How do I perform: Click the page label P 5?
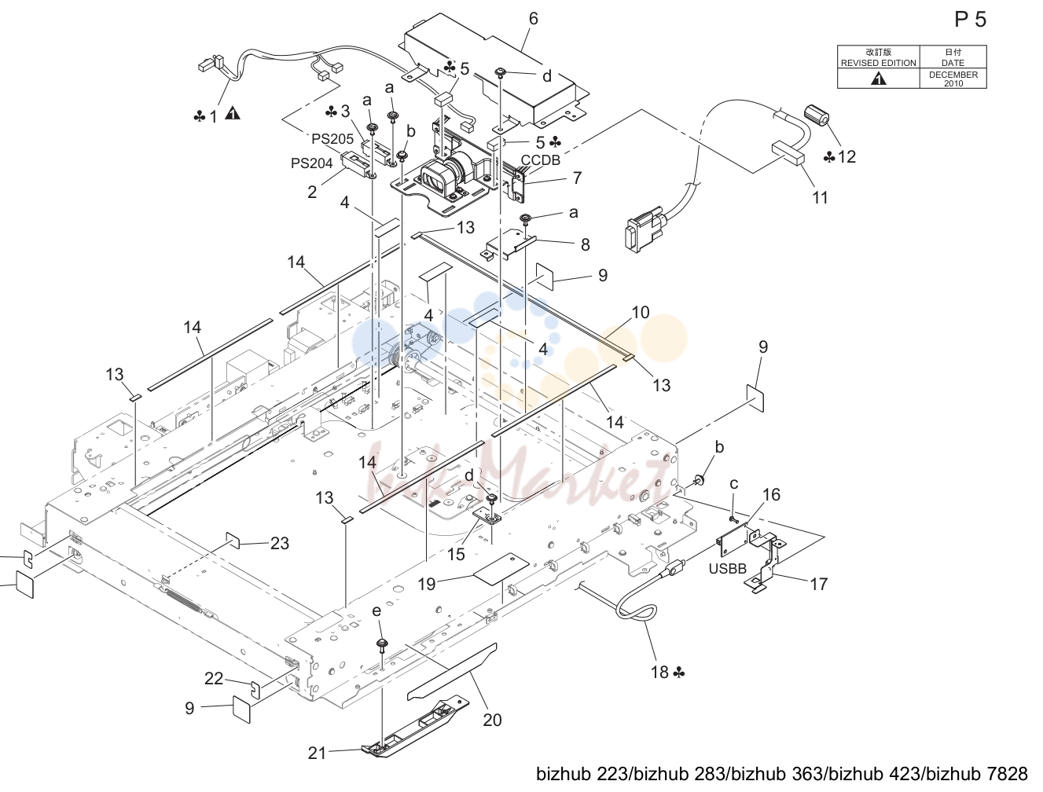(971, 20)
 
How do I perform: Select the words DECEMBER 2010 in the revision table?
(953, 79)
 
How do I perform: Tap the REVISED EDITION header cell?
(878, 57)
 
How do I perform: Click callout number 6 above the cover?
(533, 19)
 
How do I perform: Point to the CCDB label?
(541, 160)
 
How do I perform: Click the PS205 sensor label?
(332, 138)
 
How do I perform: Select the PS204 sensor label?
(311, 163)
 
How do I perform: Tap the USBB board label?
(728, 568)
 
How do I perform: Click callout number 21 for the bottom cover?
(317, 753)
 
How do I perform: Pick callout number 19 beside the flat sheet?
(427, 584)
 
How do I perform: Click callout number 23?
(279, 543)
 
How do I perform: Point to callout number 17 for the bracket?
(819, 584)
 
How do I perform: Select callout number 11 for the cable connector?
(820, 197)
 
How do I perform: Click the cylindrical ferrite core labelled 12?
(817, 115)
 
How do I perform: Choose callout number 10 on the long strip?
(640, 313)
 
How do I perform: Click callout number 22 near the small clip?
(213, 679)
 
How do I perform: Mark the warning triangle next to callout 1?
(233, 113)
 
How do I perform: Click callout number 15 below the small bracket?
(456, 554)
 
